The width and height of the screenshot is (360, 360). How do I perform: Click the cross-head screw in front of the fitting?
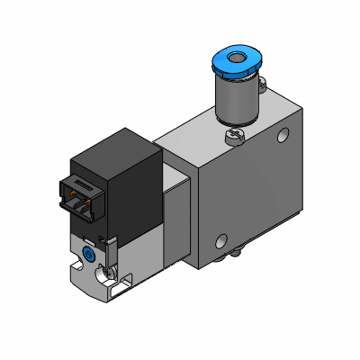(233, 136)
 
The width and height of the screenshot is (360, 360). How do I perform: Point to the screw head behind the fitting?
(263, 88)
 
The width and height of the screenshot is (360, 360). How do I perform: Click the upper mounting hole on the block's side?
(285, 138)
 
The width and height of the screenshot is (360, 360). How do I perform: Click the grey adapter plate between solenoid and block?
(181, 216)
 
